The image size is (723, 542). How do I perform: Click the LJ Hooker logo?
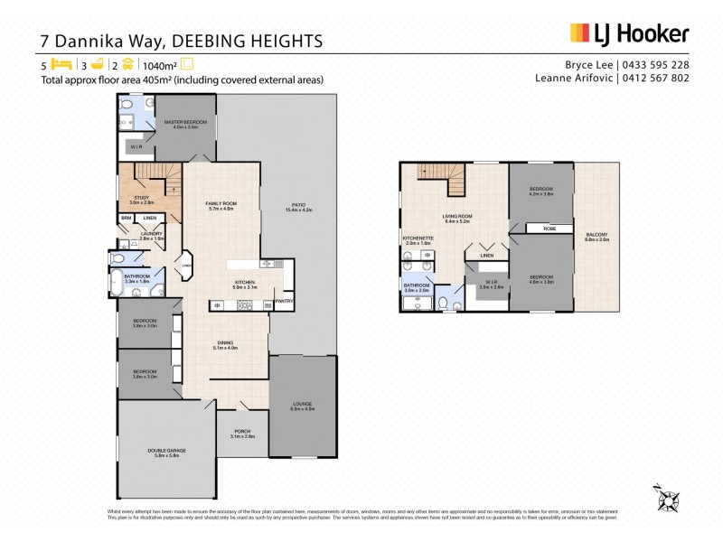629,34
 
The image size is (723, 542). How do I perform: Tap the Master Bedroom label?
185,121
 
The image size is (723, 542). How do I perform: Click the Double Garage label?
166,451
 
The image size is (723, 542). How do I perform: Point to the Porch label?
242,432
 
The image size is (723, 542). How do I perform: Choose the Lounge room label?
302,405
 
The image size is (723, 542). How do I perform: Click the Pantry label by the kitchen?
284,301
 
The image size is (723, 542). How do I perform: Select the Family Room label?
221,205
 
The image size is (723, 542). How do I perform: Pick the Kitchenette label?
419,238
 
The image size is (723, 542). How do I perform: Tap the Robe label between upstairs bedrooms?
549,229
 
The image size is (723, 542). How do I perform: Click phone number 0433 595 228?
653,65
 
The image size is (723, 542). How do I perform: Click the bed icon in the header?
61,64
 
